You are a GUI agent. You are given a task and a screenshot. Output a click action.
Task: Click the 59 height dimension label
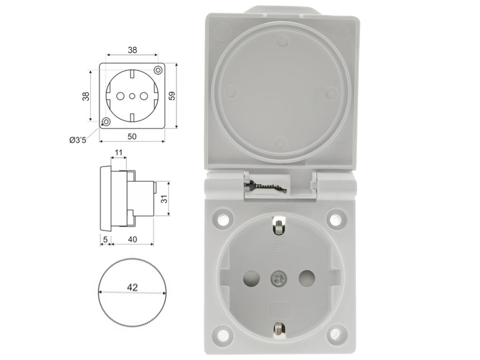click(x=172, y=96)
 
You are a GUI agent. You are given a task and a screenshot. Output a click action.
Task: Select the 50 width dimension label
click(x=132, y=136)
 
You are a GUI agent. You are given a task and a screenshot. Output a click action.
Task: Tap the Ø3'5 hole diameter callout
click(x=78, y=140)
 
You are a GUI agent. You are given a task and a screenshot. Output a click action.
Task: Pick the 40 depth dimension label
click(x=132, y=239)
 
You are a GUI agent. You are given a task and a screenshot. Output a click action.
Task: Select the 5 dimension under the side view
click(x=105, y=239)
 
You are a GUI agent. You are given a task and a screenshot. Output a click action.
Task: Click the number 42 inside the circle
click(x=132, y=288)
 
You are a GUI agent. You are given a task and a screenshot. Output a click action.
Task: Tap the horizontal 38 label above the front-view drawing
click(x=132, y=50)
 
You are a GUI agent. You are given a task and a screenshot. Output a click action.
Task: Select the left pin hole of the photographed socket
click(x=251, y=278)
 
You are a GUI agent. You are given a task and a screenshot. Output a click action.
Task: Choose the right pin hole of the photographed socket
click(x=307, y=278)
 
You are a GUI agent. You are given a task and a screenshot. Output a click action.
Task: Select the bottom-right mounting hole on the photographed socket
click(x=335, y=335)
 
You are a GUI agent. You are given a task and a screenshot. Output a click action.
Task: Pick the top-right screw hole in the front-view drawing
click(x=158, y=69)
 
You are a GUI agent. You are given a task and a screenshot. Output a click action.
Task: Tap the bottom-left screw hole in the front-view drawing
click(x=106, y=122)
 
